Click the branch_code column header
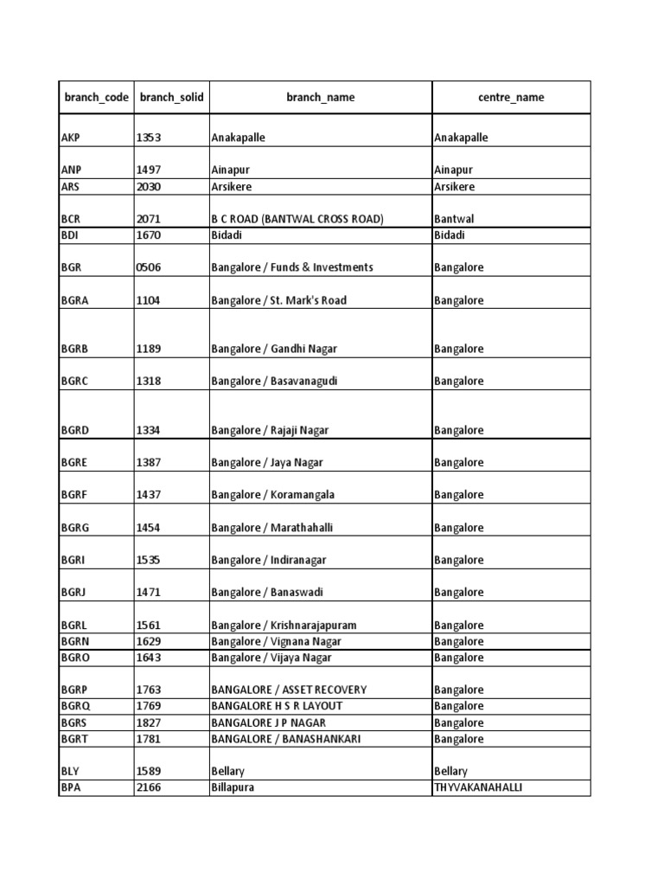point(96,98)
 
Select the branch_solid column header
point(171,98)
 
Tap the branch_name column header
point(320,98)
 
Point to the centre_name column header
point(511,98)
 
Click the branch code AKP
point(71,138)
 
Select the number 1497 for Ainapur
point(149,170)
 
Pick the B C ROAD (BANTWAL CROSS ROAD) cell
point(297,220)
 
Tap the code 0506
point(149,267)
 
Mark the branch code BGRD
point(75,430)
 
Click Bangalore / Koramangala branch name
point(272,495)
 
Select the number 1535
point(149,560)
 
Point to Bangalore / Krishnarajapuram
point(284,625)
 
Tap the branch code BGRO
point(75,658)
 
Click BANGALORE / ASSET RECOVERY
point(289,690)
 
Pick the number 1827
point(149,722)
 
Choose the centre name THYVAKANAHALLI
point(478,787)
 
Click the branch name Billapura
point(233,787)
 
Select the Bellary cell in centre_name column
point(450,771)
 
